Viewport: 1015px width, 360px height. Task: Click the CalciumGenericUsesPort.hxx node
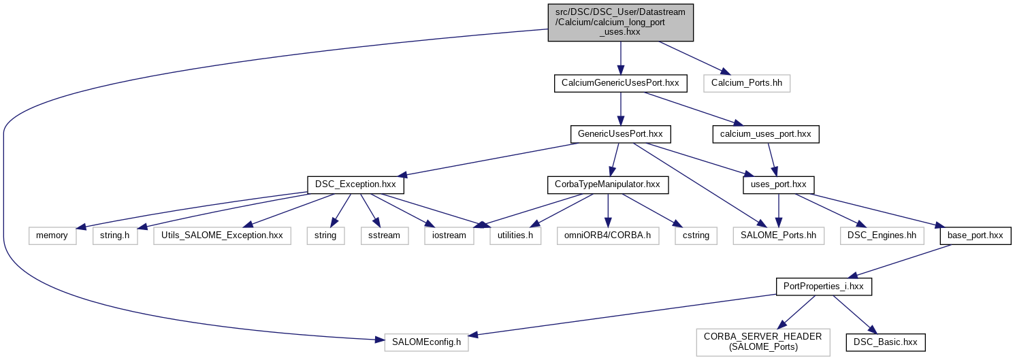(x=619, y=84)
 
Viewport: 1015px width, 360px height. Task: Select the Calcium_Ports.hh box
(x=747, y=84)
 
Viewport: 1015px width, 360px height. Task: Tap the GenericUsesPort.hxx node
(x=620, y=134)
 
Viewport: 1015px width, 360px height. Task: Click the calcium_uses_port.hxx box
(x=765, y=134)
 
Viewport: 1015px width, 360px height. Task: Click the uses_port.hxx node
(x=779, y=184)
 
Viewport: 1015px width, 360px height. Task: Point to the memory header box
(x=52, y=235)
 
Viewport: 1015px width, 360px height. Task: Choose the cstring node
(x=696, y=235)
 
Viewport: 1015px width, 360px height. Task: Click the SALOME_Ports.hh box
(x=778, y=235)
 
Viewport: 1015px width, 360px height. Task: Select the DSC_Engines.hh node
(x=881, y=235)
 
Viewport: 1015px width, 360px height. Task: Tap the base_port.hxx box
(x=975, y=235)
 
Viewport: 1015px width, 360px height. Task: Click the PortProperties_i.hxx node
(x=824, y=287)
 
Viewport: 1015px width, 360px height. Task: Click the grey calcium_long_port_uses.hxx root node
(x=620, y=22)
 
